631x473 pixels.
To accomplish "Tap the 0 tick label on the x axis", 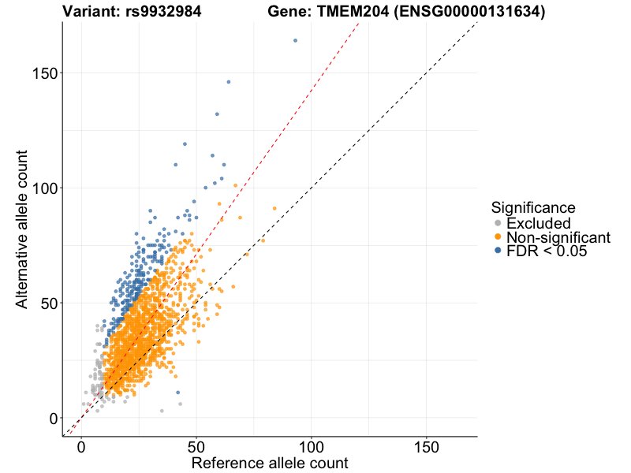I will (x=81, y=445).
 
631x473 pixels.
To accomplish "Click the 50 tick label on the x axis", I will (x=196, y=445).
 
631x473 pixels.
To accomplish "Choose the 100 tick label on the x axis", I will (x=312, y=445).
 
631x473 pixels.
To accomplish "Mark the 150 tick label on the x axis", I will (x=427, y=445).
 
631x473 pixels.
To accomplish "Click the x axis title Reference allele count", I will (x=270, y=463).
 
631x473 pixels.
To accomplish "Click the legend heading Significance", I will (x=532, y=207).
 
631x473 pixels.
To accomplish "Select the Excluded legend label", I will (x=538, y=224).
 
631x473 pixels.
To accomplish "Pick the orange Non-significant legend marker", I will (x=497, y=237).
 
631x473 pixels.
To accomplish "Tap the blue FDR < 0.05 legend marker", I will (x=497, y=251).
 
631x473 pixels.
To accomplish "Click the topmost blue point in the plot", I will (x=296, y=40).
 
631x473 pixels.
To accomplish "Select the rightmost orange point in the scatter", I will (x=274, y=208).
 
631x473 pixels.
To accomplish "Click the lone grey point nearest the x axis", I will (x=162, y=411).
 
